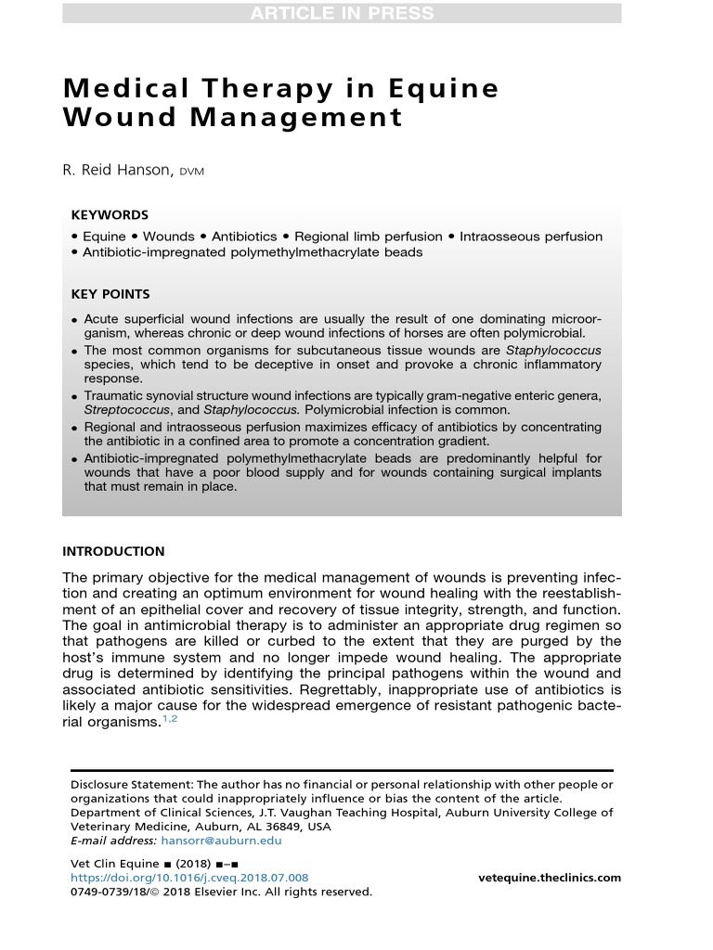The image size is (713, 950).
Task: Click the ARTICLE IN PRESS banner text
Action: [x=342, y=12]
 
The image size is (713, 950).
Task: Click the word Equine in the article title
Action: [x=435, y=89]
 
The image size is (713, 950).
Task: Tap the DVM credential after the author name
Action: [x=192, y=173]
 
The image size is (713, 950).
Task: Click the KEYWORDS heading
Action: [x=110, y=215]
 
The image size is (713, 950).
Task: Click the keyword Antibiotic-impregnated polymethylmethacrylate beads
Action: [x=253, y=252]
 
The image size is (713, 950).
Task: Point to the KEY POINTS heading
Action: [x=110, y=294]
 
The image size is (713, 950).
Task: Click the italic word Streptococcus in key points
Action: [x=127, y=410]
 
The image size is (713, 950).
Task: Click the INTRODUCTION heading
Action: [x=113, y=551]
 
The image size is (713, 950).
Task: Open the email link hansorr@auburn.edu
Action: [x=221, y=841]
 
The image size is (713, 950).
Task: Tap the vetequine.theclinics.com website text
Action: [x=550, y=878]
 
